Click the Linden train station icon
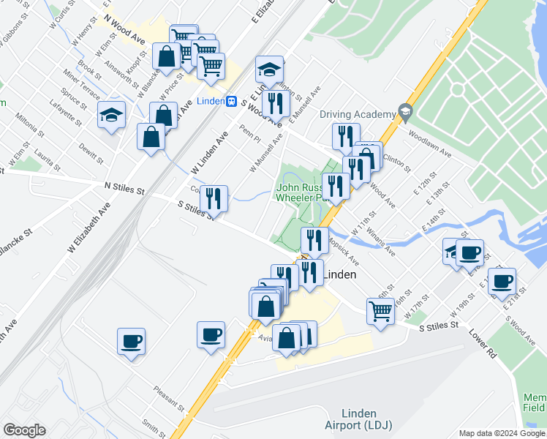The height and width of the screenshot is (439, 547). point(231,102)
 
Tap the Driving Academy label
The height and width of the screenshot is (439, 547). point(357,114)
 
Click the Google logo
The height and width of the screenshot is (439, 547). point(24,430)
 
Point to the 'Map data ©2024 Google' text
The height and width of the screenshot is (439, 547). point(502,433)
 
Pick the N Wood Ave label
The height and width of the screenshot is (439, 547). point(124,29)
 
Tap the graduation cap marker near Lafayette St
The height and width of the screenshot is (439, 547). point(112,115)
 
